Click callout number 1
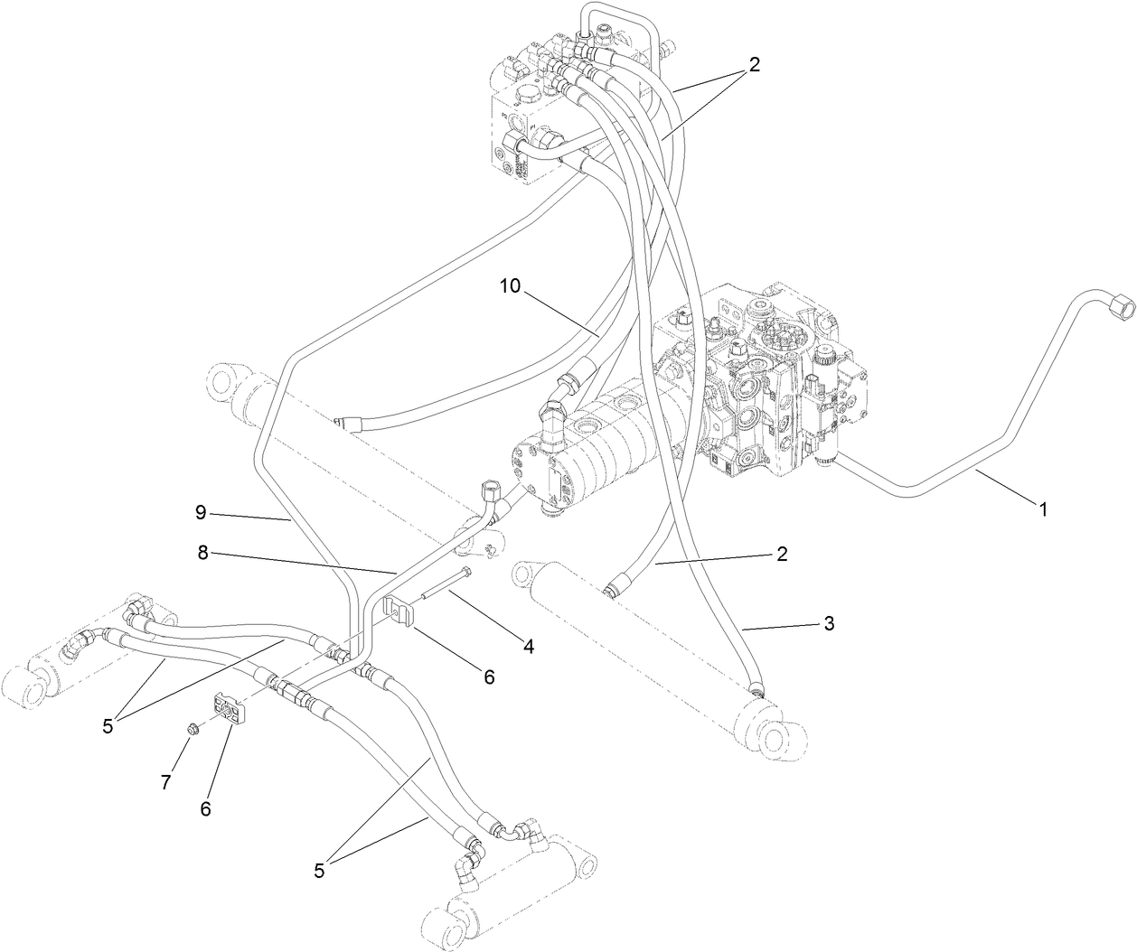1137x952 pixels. click(1043, 509)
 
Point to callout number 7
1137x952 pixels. click(165, 782)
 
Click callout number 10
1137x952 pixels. click(510, 286)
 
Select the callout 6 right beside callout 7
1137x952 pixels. click(205, 808)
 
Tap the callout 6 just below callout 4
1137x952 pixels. click(489, 676)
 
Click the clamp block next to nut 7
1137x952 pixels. click(230, 709)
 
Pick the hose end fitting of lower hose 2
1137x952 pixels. click(614, 589)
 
